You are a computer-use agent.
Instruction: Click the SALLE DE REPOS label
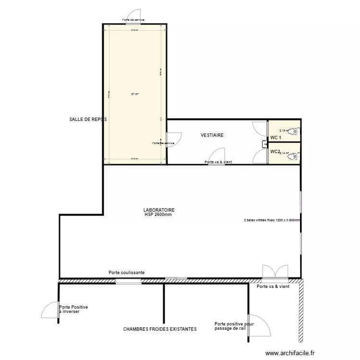[88, 119]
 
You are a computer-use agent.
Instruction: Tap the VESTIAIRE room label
[212, 136]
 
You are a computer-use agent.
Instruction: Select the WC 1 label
[276, 138]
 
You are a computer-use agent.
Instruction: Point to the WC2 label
[275, 152]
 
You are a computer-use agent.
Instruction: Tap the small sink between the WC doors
[264, 144]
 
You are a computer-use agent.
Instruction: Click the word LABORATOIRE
[158, 210]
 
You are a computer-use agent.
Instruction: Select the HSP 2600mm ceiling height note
[158, 215]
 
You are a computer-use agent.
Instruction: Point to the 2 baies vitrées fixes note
[272, 221]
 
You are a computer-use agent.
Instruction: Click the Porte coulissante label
[127, 273]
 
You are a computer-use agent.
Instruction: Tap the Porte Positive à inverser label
[73, 309]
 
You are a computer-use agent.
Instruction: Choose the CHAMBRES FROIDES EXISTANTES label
[160, 329]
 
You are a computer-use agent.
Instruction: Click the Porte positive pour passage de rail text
[234, 326]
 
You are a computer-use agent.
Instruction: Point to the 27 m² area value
[135, 94]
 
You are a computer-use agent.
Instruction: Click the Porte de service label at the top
[133, 20]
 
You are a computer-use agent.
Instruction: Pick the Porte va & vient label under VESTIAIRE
[218, 162]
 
